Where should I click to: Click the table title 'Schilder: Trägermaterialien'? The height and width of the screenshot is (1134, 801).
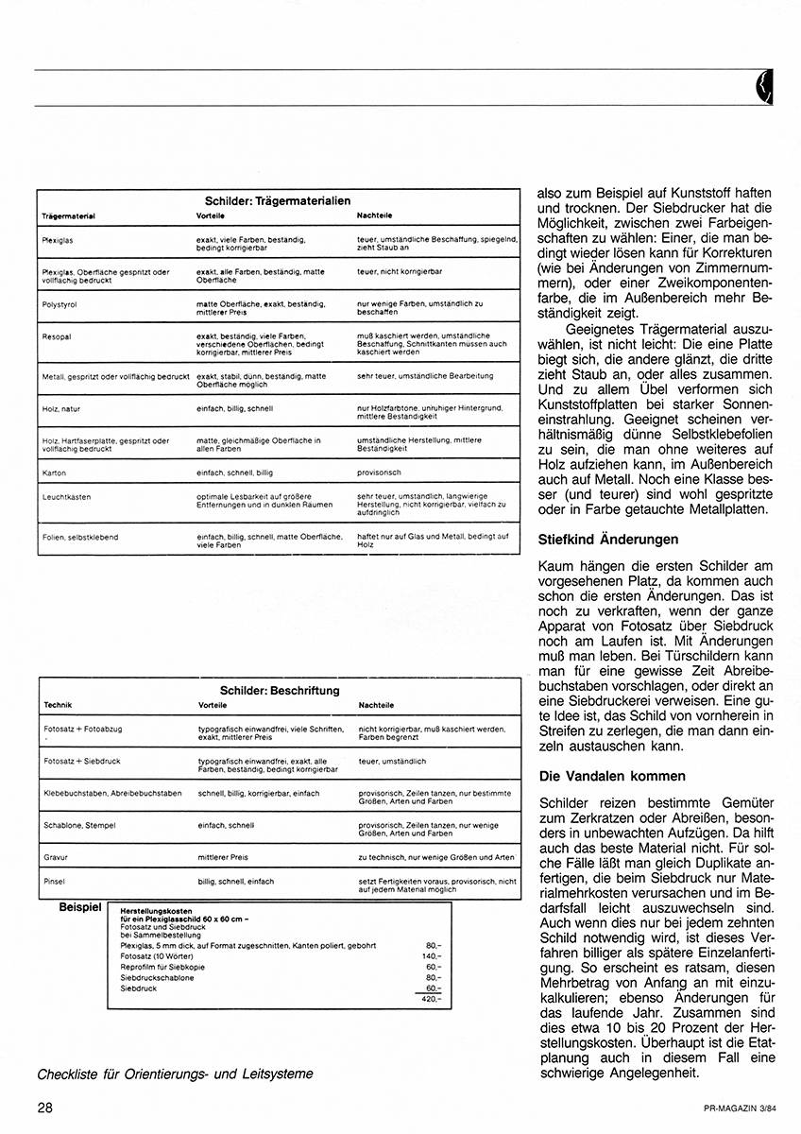point(278,200)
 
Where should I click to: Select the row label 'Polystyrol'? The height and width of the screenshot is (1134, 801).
point(60,303)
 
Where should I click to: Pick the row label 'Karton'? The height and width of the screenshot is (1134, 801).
point(54,472)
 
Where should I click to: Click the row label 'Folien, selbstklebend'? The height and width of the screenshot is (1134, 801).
point(80,537)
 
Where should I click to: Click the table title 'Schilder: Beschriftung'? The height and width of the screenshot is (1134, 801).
point(280,691)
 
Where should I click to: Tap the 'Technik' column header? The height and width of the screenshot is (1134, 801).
point(59,706)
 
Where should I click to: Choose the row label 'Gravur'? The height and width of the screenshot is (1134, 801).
point(56,857)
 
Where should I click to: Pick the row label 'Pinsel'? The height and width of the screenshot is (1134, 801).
point(54,881)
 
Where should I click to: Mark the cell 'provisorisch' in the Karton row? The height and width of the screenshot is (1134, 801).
point(380,472)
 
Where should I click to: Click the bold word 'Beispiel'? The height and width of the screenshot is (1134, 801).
point(79,907)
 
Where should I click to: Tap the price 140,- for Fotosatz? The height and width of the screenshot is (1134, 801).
point(432,955)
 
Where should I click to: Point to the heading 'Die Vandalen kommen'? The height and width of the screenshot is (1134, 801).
point(611,776)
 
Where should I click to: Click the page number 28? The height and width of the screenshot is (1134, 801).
point(45,1107)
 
